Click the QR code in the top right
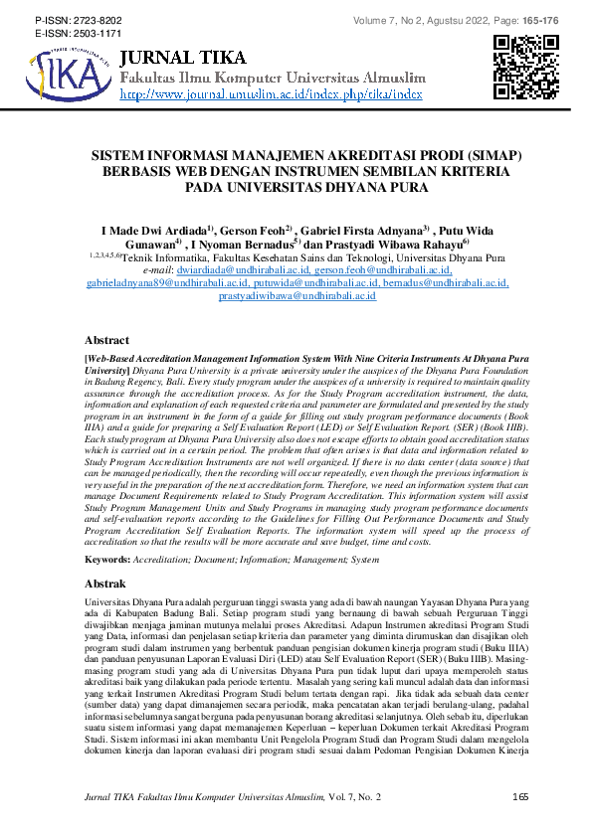click(525, 68)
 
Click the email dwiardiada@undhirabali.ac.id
click(246, 269)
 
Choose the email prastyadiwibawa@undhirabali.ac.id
click(296, 296)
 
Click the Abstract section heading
click(106, 340)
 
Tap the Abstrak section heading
click(105, 582)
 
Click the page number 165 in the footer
click(518, 797)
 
